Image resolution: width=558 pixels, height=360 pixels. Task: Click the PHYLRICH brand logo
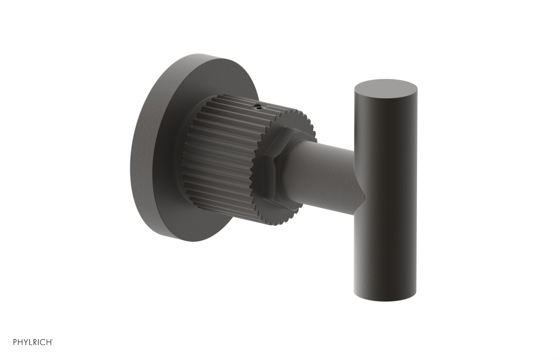[33, 342]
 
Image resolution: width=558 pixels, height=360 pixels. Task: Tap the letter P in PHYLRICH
[15, 342]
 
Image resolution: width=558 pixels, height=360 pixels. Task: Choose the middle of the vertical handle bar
[386, 192]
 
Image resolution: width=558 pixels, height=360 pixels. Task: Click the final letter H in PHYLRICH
[49, 342]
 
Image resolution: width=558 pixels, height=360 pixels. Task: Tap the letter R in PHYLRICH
[35, 342]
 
